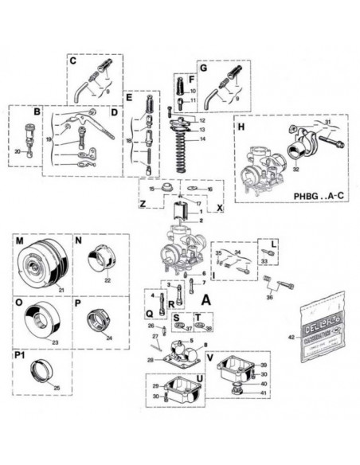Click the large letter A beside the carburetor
[205, 301]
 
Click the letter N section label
[78, 240]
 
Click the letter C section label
[72, 60]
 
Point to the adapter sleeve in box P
[102, 321]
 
